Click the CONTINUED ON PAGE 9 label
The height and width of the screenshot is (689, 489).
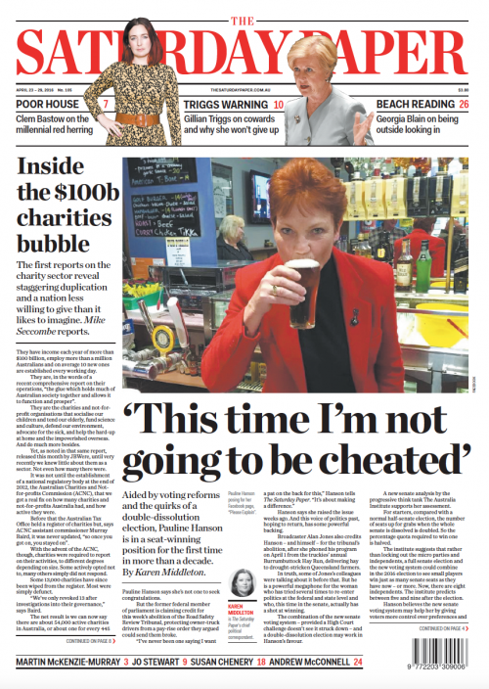coord(88,641)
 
